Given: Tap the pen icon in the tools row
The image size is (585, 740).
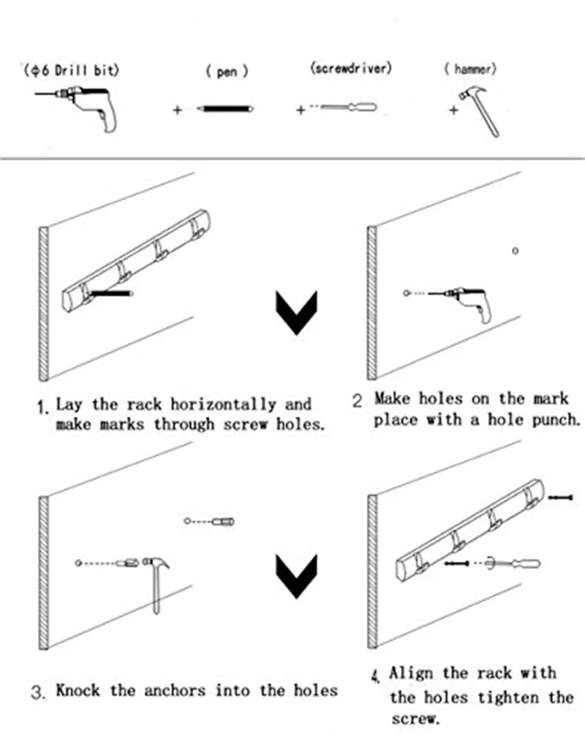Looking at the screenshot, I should [x=225, y=109].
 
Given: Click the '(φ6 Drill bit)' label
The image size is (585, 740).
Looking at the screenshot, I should [x=70, y=71].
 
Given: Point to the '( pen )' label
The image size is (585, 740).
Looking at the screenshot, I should [x=227, y=73].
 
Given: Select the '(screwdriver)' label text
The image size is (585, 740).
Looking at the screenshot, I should [x=351, y=69].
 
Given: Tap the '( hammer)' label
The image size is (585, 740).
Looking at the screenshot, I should [x=470, y=70].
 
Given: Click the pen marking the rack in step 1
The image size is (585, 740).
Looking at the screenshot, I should [x=113, y=294].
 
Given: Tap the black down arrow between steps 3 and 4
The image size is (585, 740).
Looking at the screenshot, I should [x=296, y=575].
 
